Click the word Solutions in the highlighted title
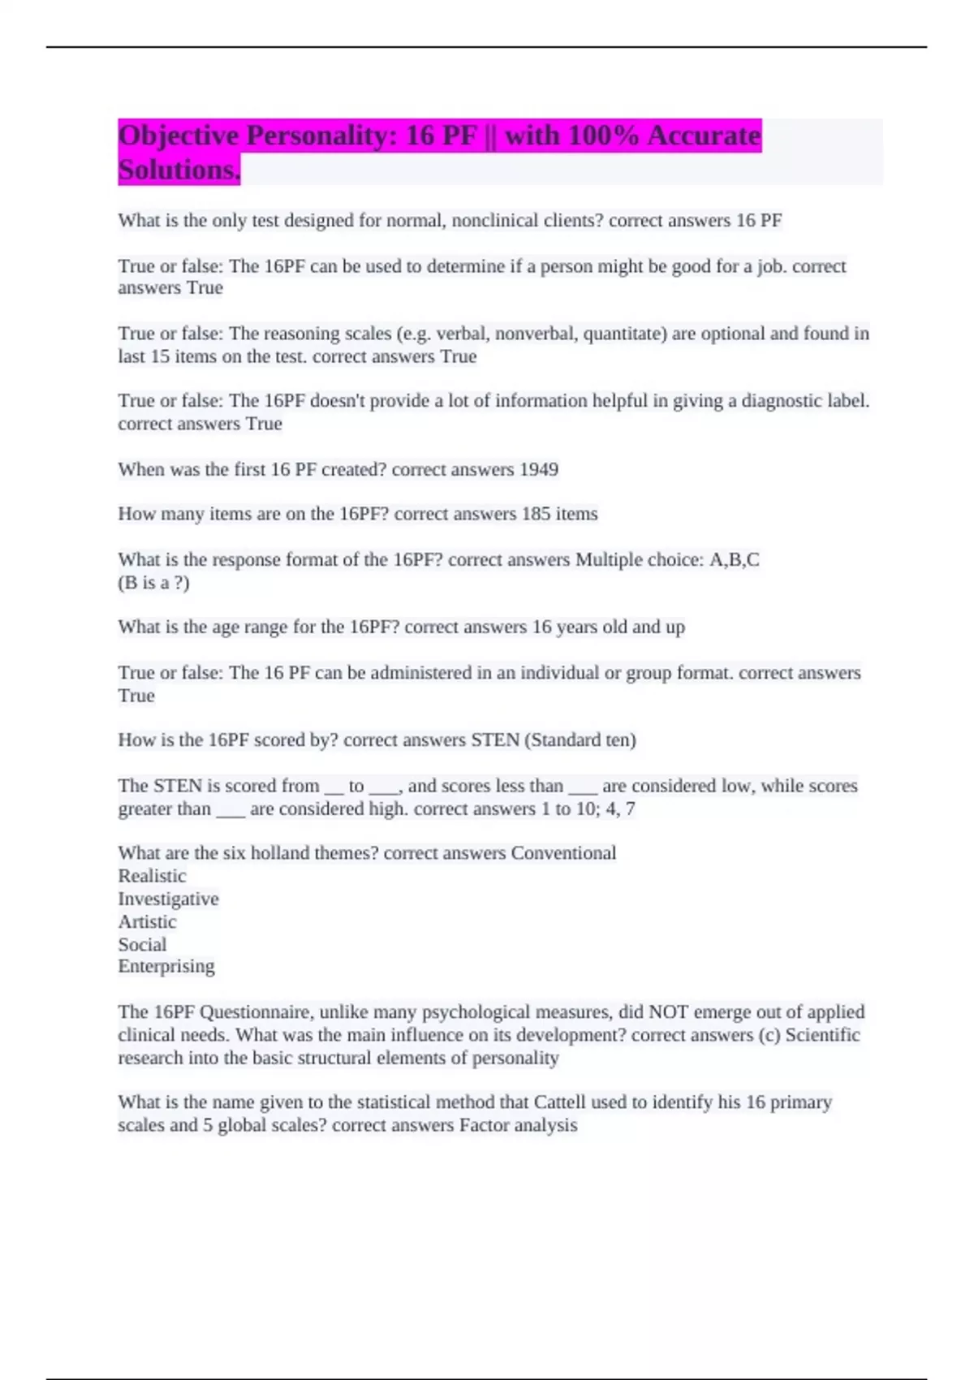pyautogui.click(x=179, y=170)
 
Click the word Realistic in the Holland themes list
pyautogui.click(x=152, y=876)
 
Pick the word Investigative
pyautogui.click(x=168, y=899)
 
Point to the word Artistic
pyautogui.click(x=147, y=921)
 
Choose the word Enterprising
pyautogui.click(x=166, y=966)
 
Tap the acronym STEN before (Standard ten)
pyautogui.click(x=495, y=740)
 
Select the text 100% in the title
pyautogui.click(x=603, y=136)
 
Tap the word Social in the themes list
pyautogui.click(x=142, y=944)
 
